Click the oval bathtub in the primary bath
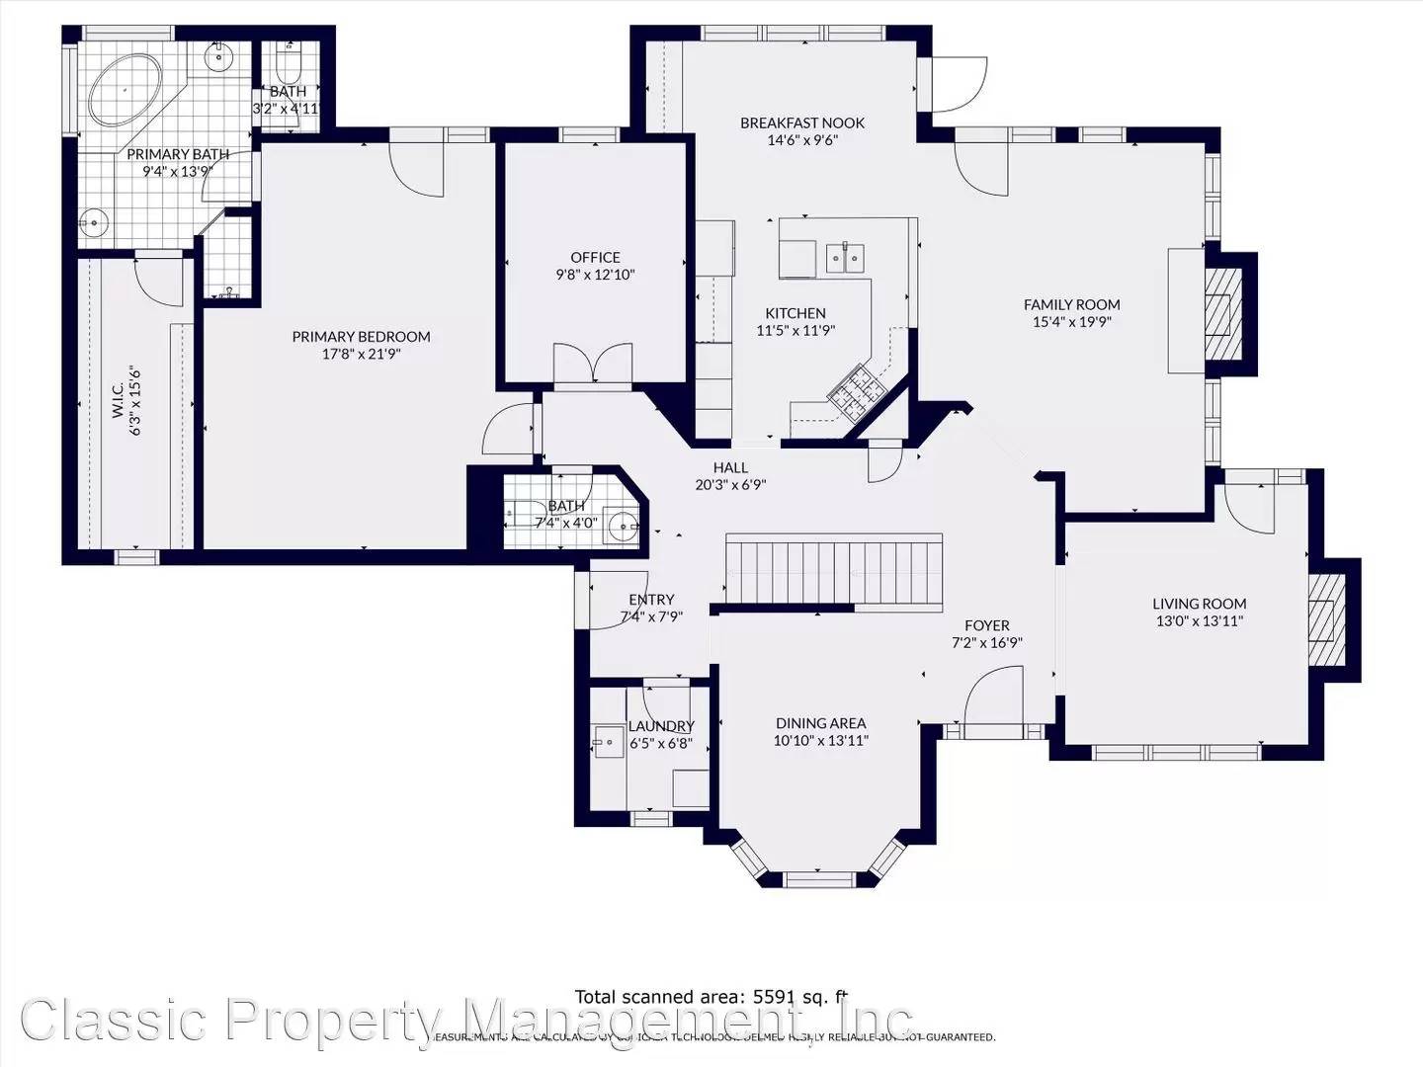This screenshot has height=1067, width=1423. tap(126, 90)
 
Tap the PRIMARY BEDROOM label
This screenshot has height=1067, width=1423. tap(361, 337)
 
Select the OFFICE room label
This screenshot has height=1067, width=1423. tap(595, 258)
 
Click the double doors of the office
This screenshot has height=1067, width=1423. tap(592, 363)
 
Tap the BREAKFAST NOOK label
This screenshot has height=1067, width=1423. tap(802, 123)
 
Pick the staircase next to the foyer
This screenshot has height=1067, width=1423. tap(834, 570)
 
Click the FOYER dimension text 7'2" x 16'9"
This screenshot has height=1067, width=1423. tap(986, 642)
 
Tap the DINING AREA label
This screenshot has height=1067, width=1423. tap(820, 723)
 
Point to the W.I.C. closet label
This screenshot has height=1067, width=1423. tap(118, 393)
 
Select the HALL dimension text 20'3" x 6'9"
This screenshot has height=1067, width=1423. tap(730, 485)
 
